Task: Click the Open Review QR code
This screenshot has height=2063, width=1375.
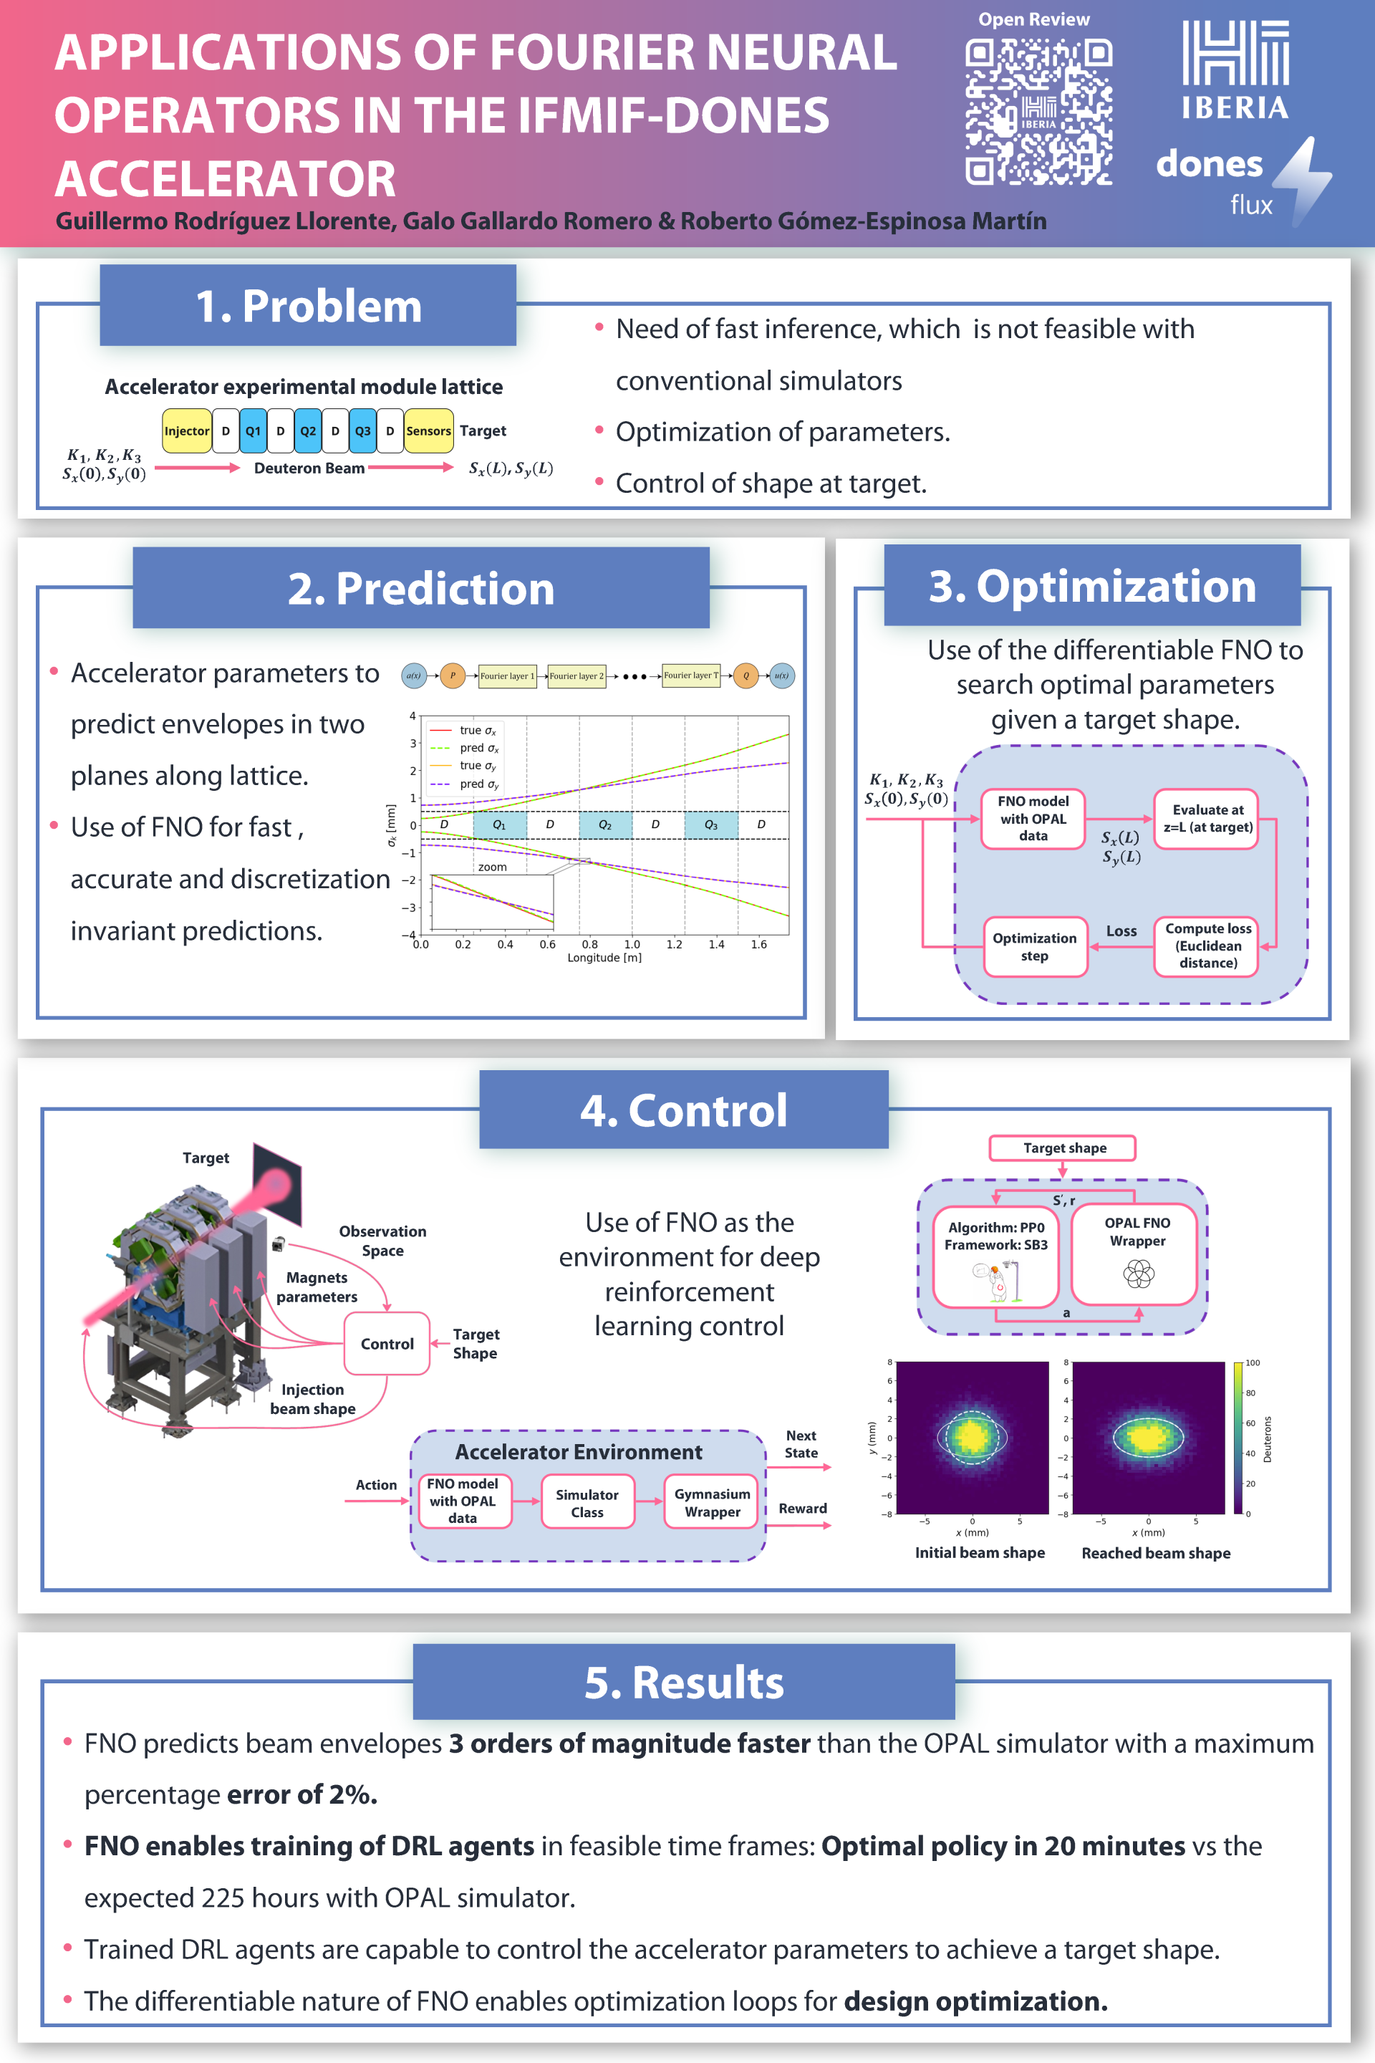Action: [1038, 112]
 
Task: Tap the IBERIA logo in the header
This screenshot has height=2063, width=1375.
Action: [1235, 70]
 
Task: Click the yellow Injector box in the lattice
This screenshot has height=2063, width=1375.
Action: [187, 431]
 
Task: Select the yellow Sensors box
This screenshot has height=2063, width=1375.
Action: [428, 431]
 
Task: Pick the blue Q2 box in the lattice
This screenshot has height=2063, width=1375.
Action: [308, 431]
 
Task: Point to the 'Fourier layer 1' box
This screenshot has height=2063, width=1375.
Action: [507, 675]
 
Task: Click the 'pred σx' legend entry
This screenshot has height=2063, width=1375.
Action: [478, 748]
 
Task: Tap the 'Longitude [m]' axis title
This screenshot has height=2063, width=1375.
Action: [604, 958]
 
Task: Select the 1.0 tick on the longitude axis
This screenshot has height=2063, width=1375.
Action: [632, 945]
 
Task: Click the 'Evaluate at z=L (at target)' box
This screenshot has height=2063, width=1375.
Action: [1207, 818]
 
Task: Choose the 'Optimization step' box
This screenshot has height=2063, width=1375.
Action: [1035, 946]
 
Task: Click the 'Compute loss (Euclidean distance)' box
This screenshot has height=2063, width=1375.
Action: [1207, 946]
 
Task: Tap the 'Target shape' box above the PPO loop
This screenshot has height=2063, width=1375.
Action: [1063, 1148]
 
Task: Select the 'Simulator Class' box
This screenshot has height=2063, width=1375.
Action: [587, 1503]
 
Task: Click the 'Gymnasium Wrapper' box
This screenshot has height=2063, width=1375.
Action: [712, 1503]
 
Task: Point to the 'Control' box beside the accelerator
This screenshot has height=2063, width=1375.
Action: [387, 1344]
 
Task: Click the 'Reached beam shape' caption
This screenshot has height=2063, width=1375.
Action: [1156, 1554]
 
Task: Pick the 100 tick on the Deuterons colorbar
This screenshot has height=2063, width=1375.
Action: [1253, 1363]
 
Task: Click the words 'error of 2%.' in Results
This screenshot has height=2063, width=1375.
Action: [302, 1794]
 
